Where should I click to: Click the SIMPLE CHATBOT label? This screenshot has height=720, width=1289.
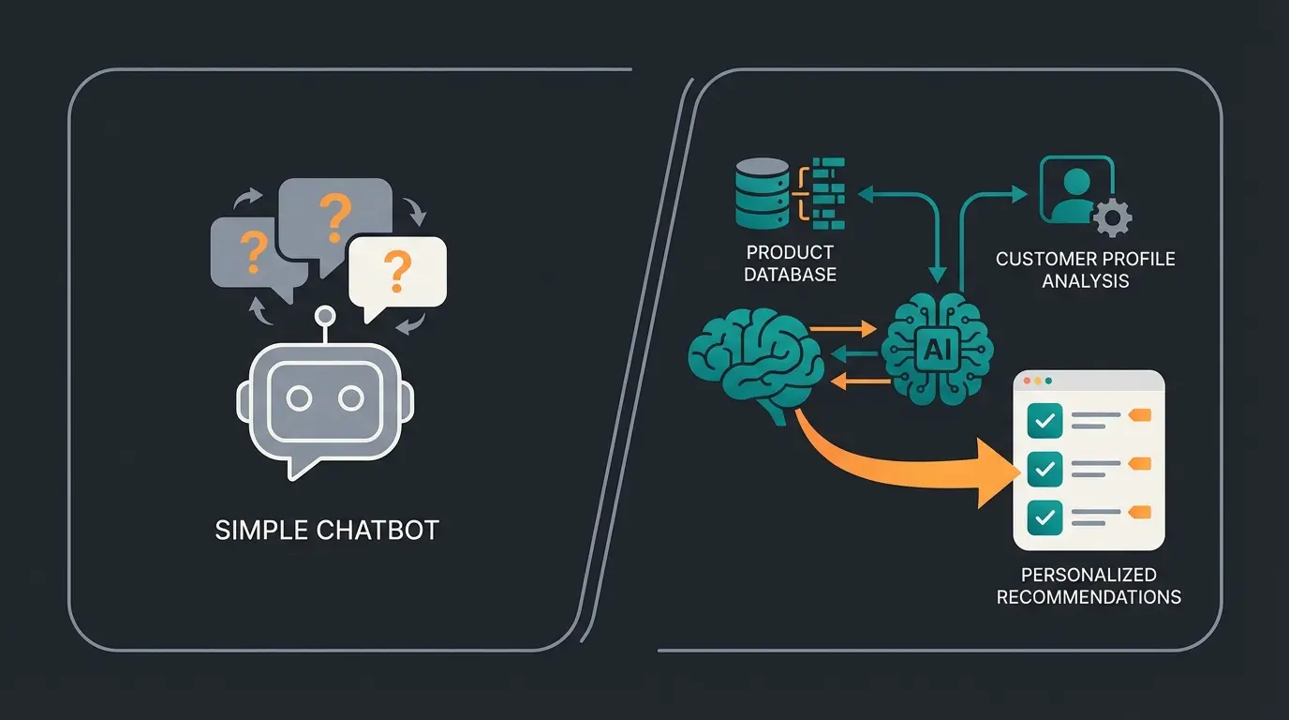tap(327, 530)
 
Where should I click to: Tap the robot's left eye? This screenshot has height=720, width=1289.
tap(299, 399)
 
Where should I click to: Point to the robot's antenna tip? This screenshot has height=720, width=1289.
tap(325, 315)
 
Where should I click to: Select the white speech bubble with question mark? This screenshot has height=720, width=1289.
tap(396, 272)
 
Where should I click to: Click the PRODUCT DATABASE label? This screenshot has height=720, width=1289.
tap(791, 263)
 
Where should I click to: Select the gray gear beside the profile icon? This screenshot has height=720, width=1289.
tap(1112, 218)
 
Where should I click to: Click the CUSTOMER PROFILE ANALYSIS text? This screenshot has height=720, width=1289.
tap(1085, 269)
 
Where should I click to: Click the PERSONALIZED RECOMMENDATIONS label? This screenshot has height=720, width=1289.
tap(1089, 586)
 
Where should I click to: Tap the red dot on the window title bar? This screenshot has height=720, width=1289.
tap(1026, 382)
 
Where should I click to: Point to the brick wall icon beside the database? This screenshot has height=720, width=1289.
tap(827, 193)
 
